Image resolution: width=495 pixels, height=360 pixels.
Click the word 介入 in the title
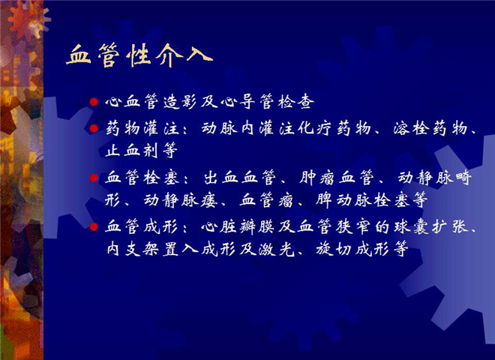pyautogui.click(x=184, y=55)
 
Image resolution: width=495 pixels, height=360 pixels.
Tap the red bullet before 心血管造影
pyautogui.click(x=94, y=102)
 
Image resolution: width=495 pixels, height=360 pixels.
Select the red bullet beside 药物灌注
pyautogui.click(x=94, y=128)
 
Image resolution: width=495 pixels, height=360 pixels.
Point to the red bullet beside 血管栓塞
pyautogui.click(x=94, y=178)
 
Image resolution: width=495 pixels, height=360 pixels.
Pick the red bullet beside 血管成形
pyautogui.click(x=94, y=226)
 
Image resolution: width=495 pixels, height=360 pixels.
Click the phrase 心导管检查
pyautogui.click(x=267, y=102)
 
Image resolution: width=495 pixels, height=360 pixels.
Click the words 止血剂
pyautogui.click(x=131, y=150)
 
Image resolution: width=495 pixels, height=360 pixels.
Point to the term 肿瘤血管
pyautogui.click(x=337, y=178)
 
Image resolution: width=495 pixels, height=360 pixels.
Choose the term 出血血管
pyautogui.click(x=240, y=178)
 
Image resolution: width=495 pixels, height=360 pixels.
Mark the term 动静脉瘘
pyautogui.click(x=180, y=200)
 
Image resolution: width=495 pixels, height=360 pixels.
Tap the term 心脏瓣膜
pyautogui.click(x=238, y=227)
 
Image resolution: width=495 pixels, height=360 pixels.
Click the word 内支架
pyautogui.click(x=132, y=250)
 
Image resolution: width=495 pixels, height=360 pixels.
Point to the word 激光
pyautogui.click(x=277, y=250)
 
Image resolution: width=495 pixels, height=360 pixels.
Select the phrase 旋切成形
pyautogui.click(x=352, y=250)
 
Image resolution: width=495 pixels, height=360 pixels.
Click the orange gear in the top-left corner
pyautogui.click(x=27, y=17)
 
